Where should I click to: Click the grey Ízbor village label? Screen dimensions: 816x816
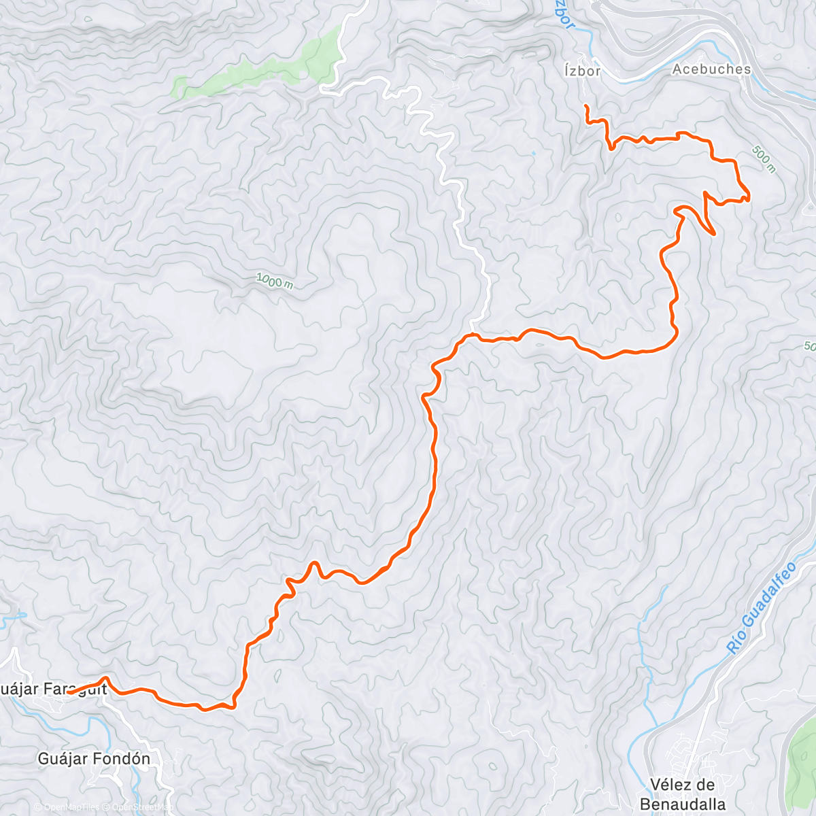582,71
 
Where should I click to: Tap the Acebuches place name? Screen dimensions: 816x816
711,69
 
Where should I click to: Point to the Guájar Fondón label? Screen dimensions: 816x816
94,759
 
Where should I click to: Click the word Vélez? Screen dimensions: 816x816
671,785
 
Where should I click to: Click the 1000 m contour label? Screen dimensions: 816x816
274,280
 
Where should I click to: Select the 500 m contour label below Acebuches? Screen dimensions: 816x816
763,159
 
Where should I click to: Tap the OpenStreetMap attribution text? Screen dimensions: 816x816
139,807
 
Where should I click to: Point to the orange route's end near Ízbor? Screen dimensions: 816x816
585,106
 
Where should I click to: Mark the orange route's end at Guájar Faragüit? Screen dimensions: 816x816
70,693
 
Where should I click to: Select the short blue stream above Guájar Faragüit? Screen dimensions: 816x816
12,619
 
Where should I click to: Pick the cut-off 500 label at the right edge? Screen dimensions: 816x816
809,346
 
